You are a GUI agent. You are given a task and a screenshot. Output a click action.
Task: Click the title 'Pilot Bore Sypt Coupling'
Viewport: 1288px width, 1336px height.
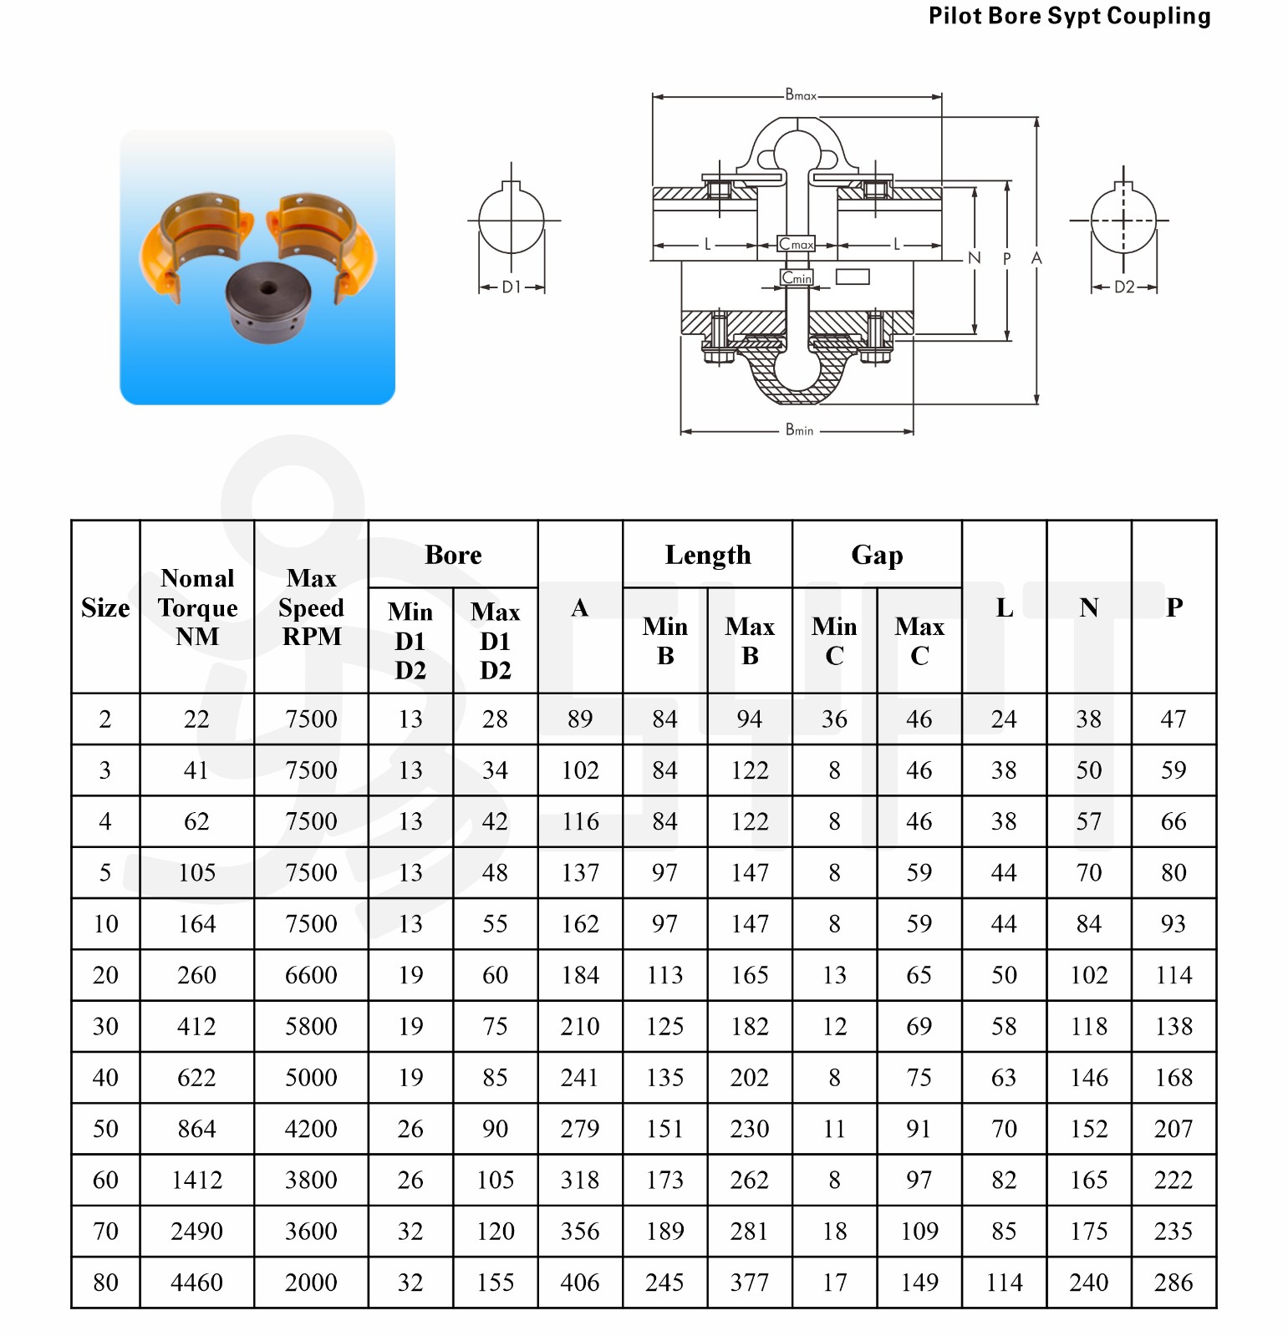(x=1069, y=16)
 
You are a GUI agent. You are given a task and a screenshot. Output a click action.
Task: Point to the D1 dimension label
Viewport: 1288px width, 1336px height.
(x=512, y=287)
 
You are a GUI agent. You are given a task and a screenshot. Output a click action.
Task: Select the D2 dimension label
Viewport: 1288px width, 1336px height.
(x=1124, y=287)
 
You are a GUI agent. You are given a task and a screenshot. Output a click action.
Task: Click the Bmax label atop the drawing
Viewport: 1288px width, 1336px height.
(x=801, y=95)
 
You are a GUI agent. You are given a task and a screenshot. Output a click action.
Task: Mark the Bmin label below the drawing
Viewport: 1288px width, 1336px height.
(x=799, y=430)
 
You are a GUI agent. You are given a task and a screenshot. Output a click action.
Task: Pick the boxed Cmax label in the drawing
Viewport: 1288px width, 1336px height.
(x=796, y=244)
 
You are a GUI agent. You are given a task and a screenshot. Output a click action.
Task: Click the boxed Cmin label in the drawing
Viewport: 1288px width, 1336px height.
(x=797, y=277)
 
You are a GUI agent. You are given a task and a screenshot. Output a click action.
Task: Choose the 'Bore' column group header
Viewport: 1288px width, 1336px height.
(x=453, y=555)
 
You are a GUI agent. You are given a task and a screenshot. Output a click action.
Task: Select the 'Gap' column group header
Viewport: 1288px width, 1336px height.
(x=877, y=555)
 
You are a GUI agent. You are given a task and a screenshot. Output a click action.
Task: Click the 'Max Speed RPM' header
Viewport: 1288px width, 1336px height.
(x=311, y=607)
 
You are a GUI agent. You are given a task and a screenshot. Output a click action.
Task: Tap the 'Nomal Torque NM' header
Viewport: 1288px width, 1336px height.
(x=197, y=607)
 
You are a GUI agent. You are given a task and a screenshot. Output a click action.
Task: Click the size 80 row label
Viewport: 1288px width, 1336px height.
(x=105, y=1282)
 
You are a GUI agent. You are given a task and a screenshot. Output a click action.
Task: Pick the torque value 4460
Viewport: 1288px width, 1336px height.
(x=196, y=1282)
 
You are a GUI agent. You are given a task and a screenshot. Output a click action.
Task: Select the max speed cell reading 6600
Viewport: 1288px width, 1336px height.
(x=311, y=975)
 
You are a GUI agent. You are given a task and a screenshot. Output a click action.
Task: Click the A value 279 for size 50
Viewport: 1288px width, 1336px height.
(x=580, y=1129)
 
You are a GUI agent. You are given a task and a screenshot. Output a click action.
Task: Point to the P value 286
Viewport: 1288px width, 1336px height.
(x=1173, y=1282)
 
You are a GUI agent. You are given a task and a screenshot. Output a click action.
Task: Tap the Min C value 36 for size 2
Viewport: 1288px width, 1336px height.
(x=834, y=719)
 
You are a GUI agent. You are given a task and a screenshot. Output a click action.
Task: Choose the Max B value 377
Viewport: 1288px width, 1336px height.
(x=749, y=1282)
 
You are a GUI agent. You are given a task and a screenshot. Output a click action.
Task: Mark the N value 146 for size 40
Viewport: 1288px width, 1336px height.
(x=1089, y=1078)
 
